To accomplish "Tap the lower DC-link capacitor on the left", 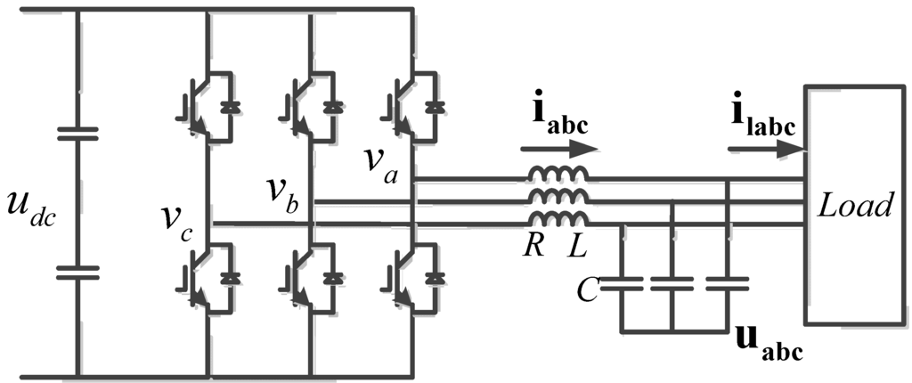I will click(x=79, y=271).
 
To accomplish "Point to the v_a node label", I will click(x=380, y=162).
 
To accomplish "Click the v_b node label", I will click(x=283, y=194).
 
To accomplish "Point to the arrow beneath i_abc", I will click(x=554, y=149).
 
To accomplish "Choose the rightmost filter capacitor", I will click(x=728, y=283).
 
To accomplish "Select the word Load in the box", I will click(x=856, y=207).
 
